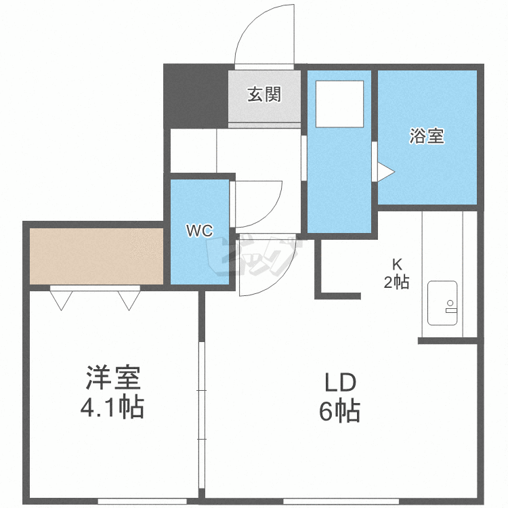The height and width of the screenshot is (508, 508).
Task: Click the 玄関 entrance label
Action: click(x=263, y=95)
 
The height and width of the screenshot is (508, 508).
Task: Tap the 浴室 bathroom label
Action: click(x=427, y=136)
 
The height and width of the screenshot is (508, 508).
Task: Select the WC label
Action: click(x=200, y=231)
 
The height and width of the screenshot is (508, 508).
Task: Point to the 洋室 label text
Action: click(x=114, y=378)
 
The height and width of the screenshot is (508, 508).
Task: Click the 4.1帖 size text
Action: click(x=114, y=407)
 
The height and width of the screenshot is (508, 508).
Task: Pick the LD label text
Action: click(x=339, y=383)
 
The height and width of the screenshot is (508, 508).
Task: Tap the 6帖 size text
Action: click(x=339, y=411)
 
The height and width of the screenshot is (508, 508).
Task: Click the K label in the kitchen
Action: click(x=396, y=264)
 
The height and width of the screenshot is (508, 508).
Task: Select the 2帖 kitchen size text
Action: click(x=396, y=282)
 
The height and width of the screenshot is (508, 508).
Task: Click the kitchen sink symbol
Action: click(x=443, y=303)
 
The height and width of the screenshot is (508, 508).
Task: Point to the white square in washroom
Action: click(x=340, y=104)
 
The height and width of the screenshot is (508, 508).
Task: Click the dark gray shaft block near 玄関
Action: click(x=196, y=95)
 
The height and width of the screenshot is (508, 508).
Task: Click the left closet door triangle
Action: click(x=60, y=299)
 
